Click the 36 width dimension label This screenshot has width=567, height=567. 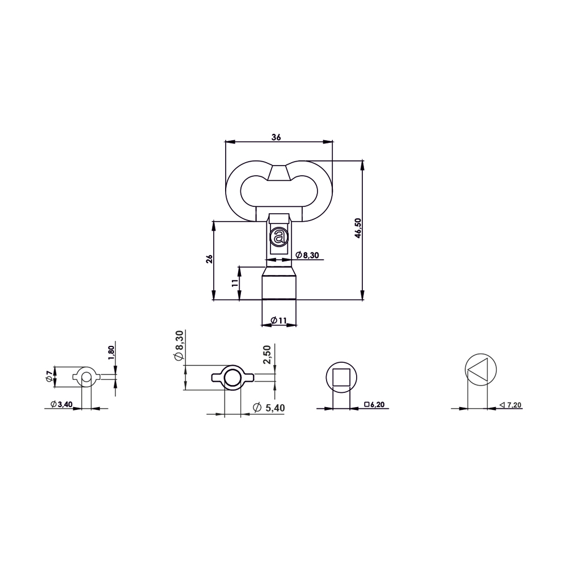(276, 137)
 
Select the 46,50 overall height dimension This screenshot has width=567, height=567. (358, 228)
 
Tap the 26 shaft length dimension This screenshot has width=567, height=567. (209, 259)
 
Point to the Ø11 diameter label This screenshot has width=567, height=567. (278, 320)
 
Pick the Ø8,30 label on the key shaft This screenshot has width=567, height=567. (307, 255)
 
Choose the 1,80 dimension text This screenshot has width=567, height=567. (111, 353)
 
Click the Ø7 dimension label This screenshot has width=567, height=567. (49, 377)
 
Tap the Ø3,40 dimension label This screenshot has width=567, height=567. (61, 404)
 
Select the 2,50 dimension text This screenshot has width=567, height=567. (267, 355)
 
